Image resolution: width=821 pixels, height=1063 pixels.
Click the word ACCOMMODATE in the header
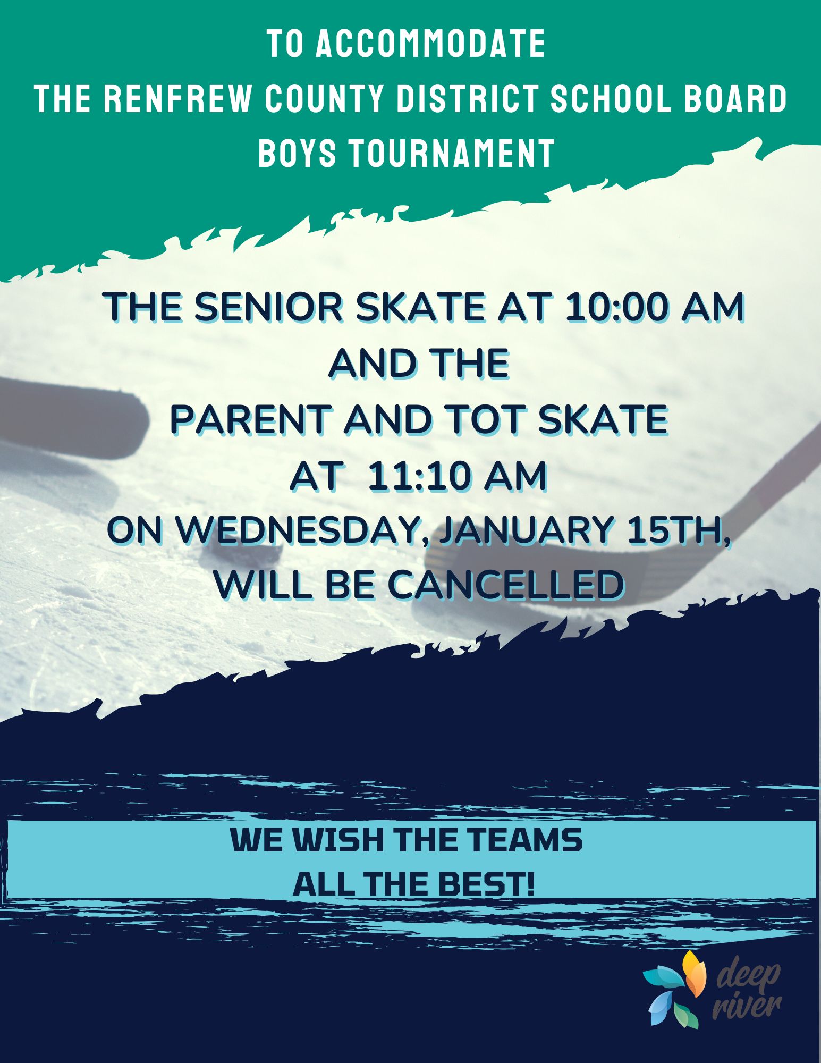click(x=430, y=44)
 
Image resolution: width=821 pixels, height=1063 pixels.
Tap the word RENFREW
click(x=176, y=98)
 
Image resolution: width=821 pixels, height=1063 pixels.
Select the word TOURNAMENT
click(x=452, y=153)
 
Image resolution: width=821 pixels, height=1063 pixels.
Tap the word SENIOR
click(x=269, y=308)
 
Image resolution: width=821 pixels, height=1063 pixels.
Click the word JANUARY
click(x=527, y=530)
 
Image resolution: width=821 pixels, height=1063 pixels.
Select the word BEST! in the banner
click(x=487, y=884)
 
